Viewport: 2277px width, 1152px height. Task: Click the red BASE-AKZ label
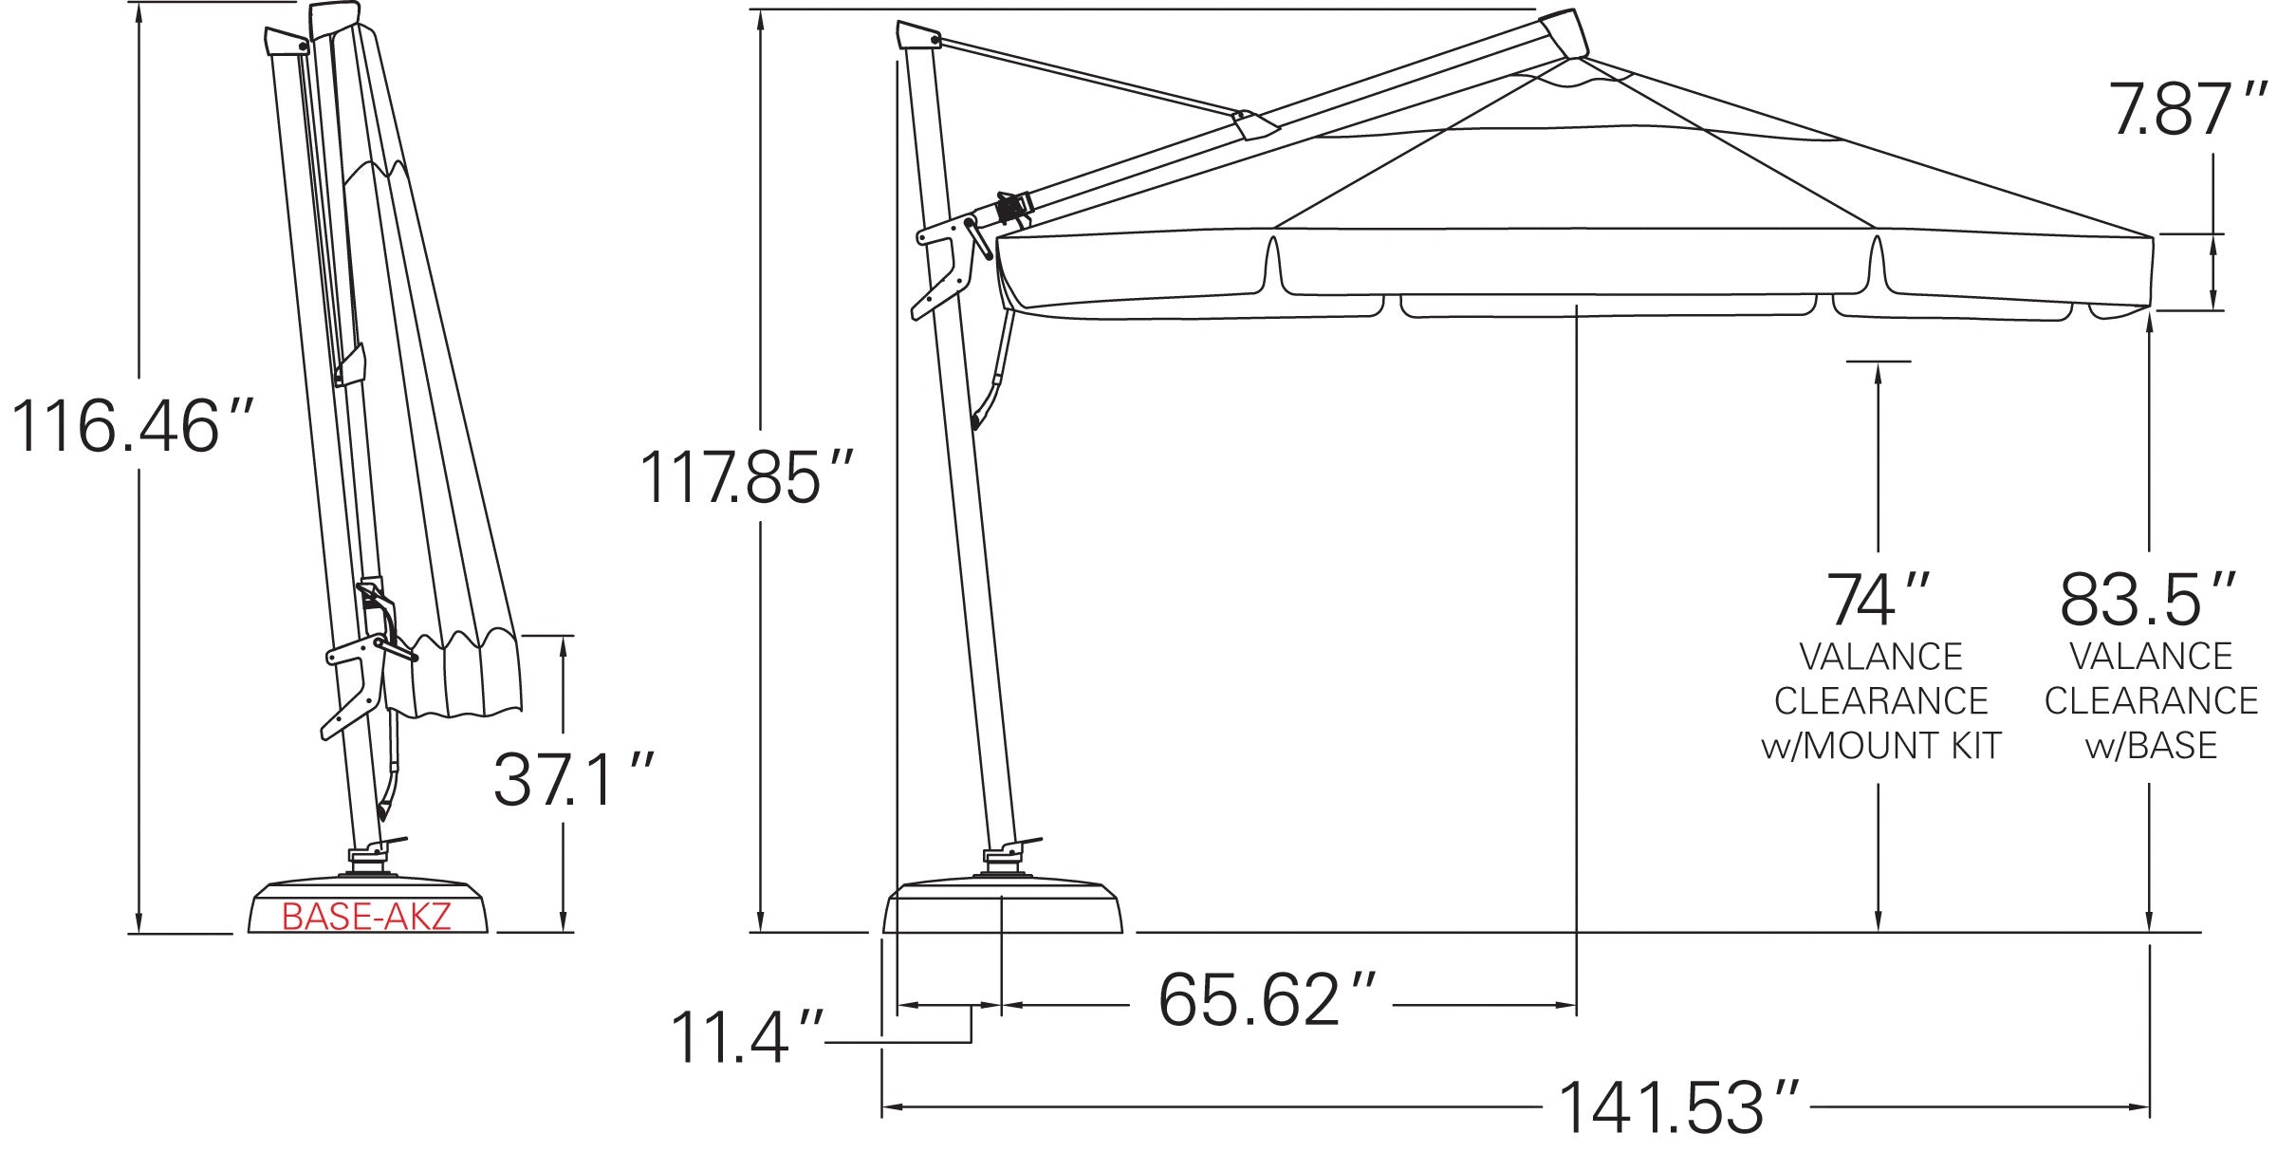tap(366, 917)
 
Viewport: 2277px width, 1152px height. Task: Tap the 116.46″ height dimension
tap(132, 426)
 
